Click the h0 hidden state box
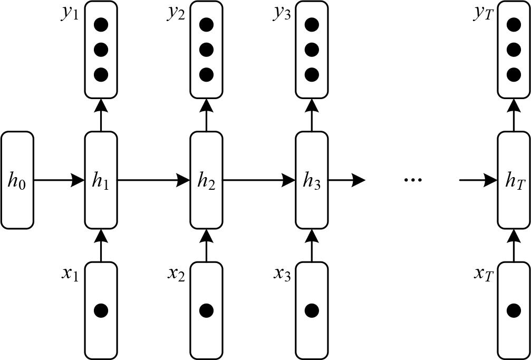tap(17, 180)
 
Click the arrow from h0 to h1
tap(59, 180)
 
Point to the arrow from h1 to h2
tap(153, 180)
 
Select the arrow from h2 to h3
tap(258, 180)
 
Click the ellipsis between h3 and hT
tap(412, 180)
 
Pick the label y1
tap(70, 13)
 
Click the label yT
tap(484, 13)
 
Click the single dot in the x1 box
tap(101, 310)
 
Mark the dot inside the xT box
tap(514, 310)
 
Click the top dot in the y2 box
tap(206, 25)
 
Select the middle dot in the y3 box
tap(312, 50)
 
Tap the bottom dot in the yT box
tap(514, 74)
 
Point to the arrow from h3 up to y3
tap(312, 115)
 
